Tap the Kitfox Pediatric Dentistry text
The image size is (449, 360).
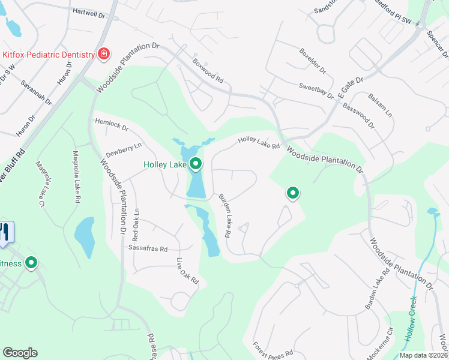coord(48,54)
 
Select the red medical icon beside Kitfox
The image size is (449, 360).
coord(104,54)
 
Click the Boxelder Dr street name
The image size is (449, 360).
coord(313,62)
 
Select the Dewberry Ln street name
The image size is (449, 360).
coord(123,149)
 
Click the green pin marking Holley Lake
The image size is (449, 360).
coord(196,163)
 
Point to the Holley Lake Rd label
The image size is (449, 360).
coord(259,142)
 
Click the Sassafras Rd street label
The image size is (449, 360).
coord(146,248)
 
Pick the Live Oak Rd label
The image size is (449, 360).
coord(187,271)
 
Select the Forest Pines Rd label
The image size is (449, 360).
coord(273,350)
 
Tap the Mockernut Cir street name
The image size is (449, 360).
coord(379,343)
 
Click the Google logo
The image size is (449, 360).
coord(20,353)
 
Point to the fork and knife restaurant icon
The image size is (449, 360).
coord(5,233)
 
